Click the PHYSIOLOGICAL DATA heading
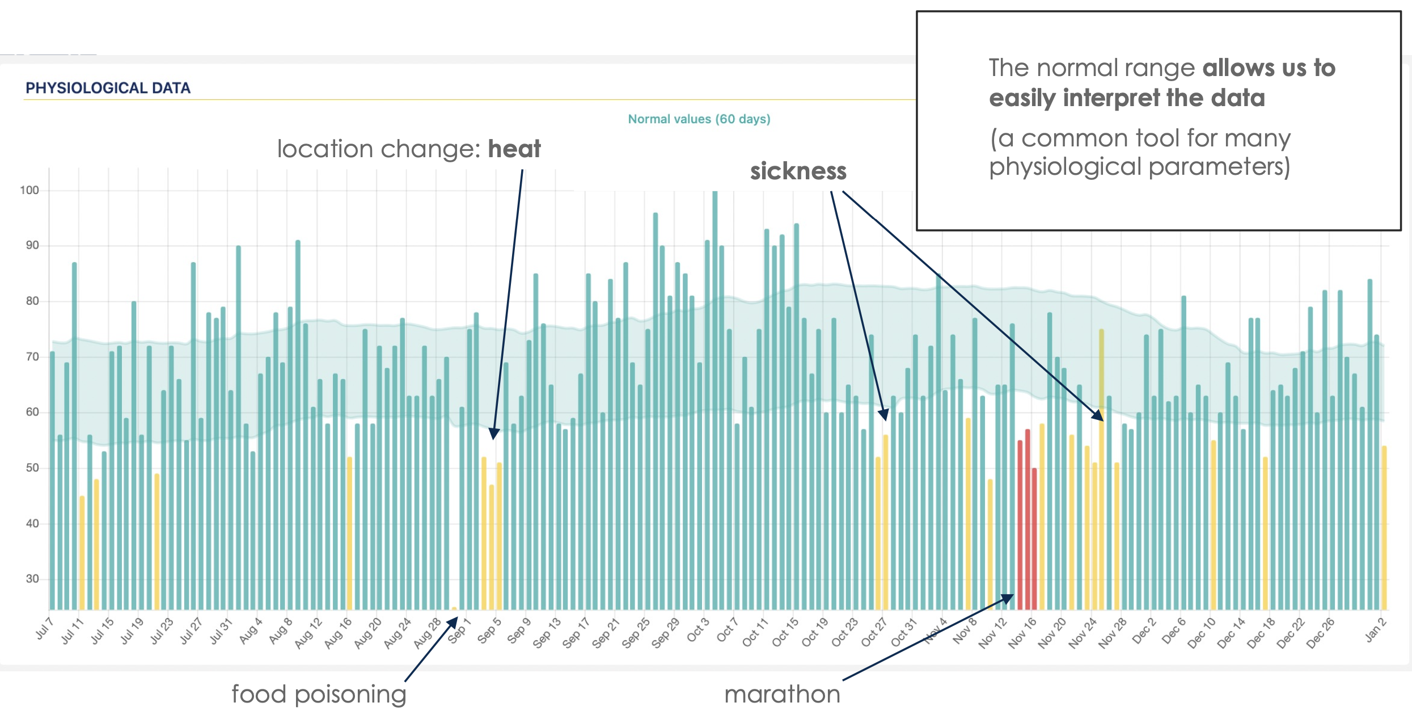tap(108, 88)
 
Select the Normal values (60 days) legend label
tap(699, 119)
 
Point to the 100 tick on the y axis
tap(29, 190)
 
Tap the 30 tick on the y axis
tap(32, 579)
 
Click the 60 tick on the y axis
tap(32, 413)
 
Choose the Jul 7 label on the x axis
tap(45, 629)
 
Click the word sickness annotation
tap(798, 171)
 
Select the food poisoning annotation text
tap(319, 694)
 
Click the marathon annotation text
tap(782, 694)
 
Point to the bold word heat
tap(514, 149)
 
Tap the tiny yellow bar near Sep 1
tap(454, 608)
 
